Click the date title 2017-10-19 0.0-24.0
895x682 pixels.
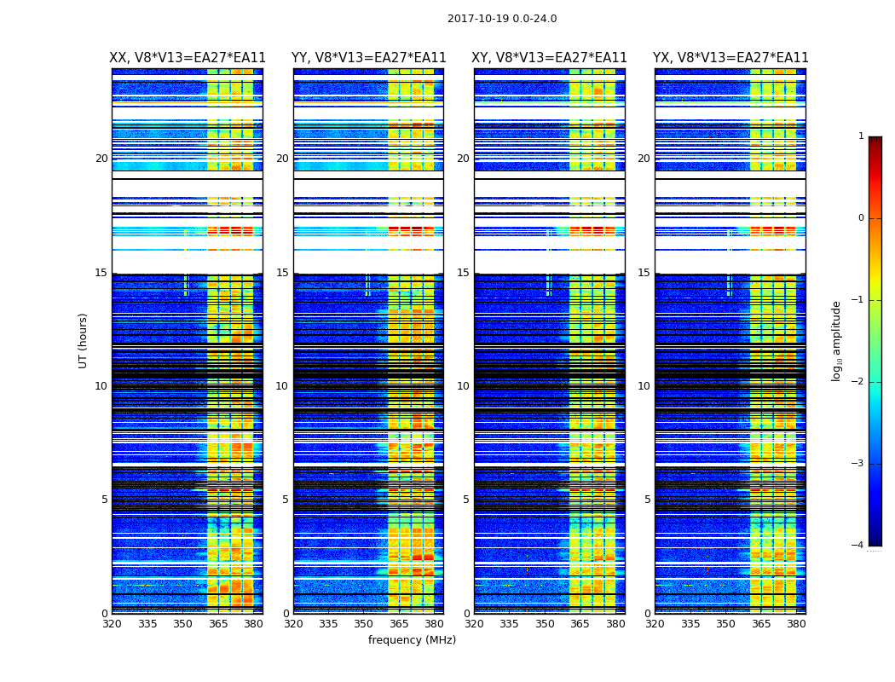coord(502,19)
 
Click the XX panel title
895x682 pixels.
coord(188,58)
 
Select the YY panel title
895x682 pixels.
coord(369,58)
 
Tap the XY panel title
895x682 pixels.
coord(550,58)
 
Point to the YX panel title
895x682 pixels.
coord(730,58)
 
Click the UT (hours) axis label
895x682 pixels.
coord(83,340)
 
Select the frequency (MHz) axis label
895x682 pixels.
coord(412,640)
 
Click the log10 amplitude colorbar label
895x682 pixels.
coord(837,340)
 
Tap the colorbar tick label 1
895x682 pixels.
coord(861,136)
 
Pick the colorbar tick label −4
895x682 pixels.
coord(858,546)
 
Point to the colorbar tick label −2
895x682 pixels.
coord(858,382)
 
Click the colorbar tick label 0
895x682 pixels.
coord(861,218)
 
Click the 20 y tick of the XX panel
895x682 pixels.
coord(101,159)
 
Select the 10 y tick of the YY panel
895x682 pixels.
coord(282,386)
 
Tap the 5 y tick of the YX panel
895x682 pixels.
coord(647,500)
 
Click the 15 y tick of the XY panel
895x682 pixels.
coord(463,273)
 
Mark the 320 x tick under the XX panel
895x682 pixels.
coord(112,624)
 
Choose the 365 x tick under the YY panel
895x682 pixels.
coord(399,624)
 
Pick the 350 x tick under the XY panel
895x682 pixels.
coord(545,624)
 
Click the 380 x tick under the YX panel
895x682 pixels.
coord(796,624)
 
